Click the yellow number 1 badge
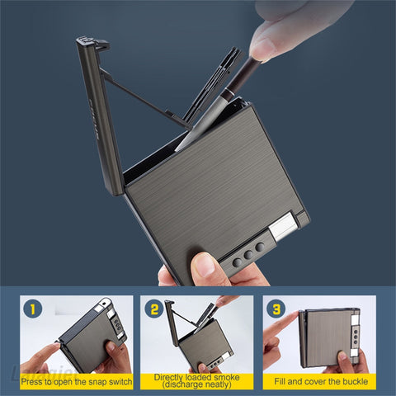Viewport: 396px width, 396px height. tap(31, 309)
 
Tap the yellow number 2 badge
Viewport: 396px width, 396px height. tap(153, 309)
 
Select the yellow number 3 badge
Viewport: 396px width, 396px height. tap(276, 309)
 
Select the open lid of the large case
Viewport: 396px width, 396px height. tap(99, 115)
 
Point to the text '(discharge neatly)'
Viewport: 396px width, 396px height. tap(197, 386)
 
